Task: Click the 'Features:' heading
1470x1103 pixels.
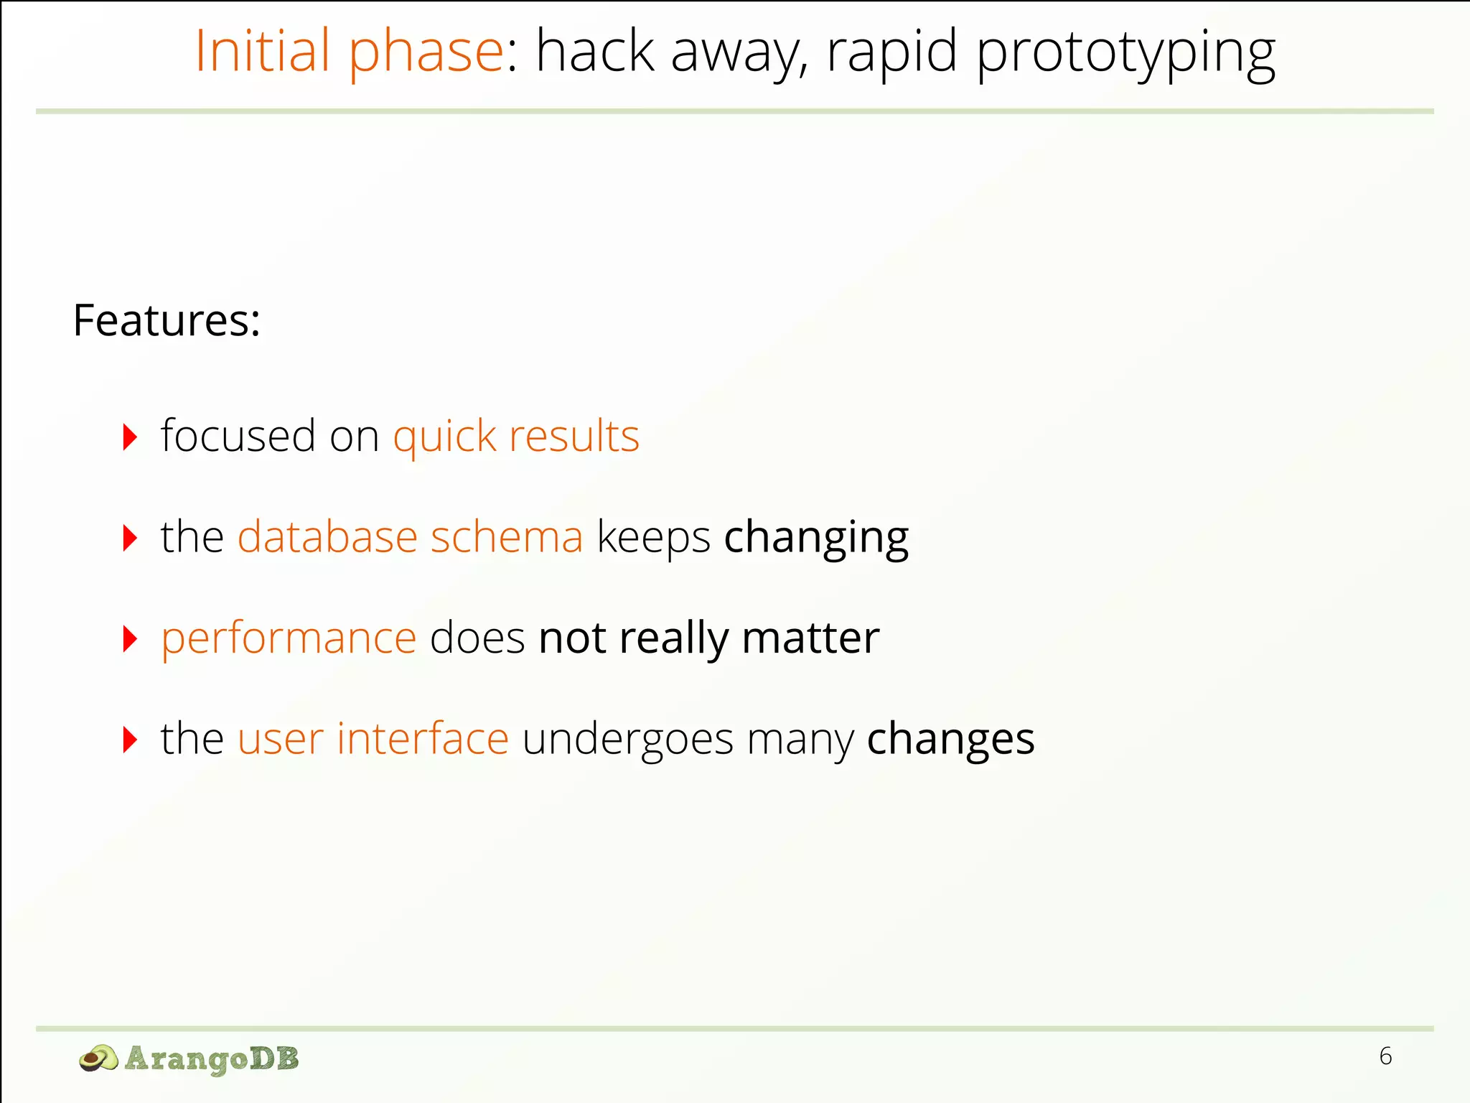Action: point(167,320)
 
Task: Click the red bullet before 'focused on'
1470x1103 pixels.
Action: point(130,437)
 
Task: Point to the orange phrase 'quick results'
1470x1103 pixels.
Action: point(516,437)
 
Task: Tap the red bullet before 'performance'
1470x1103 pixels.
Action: point(130,638)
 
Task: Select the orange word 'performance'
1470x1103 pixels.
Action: point(289,638)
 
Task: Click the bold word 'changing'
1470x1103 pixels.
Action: point(816,538)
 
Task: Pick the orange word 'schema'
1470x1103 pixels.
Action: point(507,536)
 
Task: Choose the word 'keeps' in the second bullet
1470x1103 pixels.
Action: point(653,538)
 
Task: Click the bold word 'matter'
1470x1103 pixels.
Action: point(810,637)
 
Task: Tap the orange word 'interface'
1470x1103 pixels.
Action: point(423,738)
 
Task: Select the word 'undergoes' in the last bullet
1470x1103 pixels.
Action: point(627,740)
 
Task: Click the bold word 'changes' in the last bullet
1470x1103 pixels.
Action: point(950,738)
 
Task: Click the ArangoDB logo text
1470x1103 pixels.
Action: point(211,1058)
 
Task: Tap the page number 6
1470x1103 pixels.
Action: point(1385,1056)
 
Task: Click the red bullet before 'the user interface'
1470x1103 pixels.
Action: point(130,740)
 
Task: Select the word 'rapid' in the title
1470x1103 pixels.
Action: point(891,52)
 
